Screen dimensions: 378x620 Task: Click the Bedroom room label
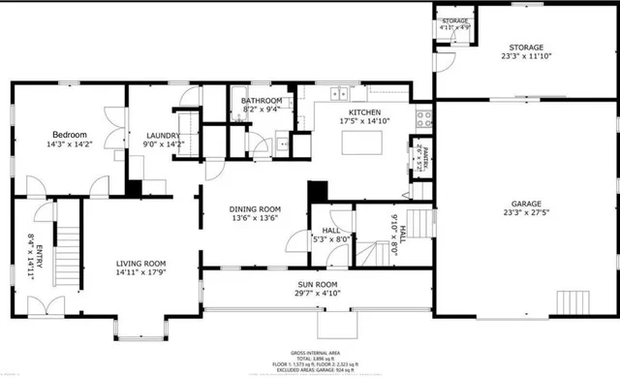click(70, 135)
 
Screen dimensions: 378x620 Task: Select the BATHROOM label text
click(262, 101)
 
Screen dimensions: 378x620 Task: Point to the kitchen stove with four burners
click(423, 119)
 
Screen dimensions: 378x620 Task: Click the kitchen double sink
click(338, 94)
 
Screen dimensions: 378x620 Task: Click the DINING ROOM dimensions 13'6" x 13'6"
click(255, 219)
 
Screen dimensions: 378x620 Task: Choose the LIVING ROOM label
click(141, 264)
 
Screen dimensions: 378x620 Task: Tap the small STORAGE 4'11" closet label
click(455, 23)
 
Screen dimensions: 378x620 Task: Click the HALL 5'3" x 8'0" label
click(330, 235)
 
